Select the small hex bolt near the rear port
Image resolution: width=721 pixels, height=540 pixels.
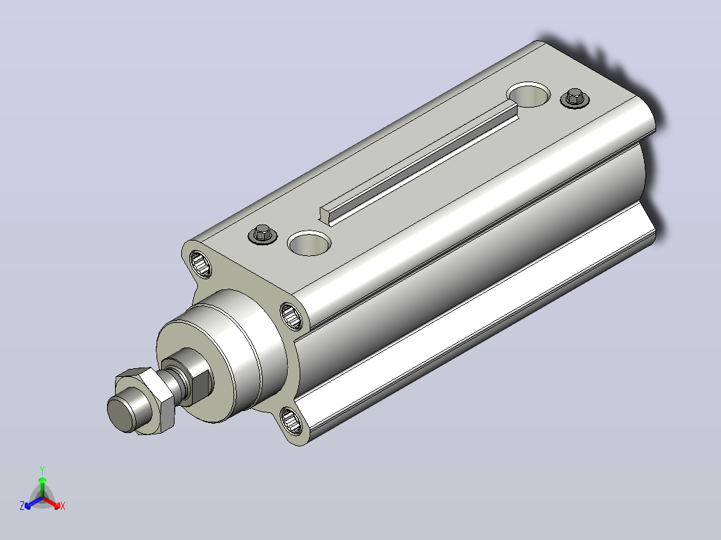(575, 98)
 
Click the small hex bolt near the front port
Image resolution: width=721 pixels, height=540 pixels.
(263, 235)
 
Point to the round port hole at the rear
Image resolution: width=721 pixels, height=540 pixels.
(529, 95)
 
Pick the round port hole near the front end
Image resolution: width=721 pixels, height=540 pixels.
(310, 243)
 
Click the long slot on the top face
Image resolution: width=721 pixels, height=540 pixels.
(419, 164)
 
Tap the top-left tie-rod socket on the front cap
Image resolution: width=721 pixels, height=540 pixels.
(201, 264)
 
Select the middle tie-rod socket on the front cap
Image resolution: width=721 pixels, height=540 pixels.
(292, 315)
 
